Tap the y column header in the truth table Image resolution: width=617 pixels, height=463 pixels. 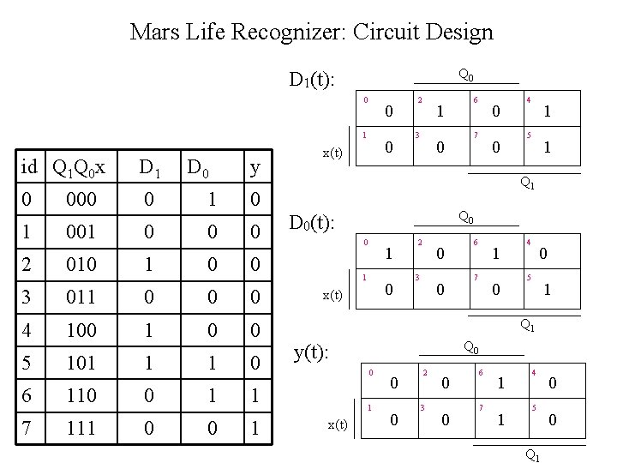(x=255, y=166)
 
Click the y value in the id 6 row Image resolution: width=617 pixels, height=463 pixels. (x=255, y=395)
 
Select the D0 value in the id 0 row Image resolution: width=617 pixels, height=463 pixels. (x=211, y=199)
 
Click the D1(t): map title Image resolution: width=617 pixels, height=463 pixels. (x=311, y=81)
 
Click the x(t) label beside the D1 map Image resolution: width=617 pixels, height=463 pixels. (x=332, y=153)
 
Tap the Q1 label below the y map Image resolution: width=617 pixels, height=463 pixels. (x=532, y=455)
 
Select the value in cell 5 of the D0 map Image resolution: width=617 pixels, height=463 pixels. (x=547, y=291)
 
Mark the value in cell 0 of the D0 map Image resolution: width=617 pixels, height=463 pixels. (x=389, y=254)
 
